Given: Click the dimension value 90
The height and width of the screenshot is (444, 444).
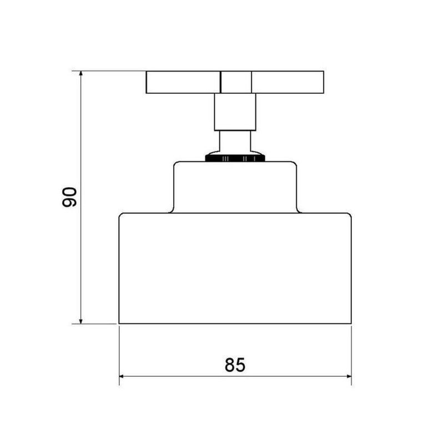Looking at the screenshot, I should coord(69,197).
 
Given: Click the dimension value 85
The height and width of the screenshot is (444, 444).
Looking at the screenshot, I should coord(235,365).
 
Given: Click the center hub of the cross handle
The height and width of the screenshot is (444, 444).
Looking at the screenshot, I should coord(235,82).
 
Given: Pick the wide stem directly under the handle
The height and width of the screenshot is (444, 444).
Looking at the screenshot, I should coord(235,112).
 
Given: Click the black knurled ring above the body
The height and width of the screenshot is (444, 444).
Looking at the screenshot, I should coord(235,158).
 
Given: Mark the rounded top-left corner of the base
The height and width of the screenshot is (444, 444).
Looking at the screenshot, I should coord(122,215).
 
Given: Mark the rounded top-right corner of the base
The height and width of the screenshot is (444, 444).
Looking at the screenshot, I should coord(349,215).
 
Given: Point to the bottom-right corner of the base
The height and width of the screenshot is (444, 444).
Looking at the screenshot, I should coord(351,323).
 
